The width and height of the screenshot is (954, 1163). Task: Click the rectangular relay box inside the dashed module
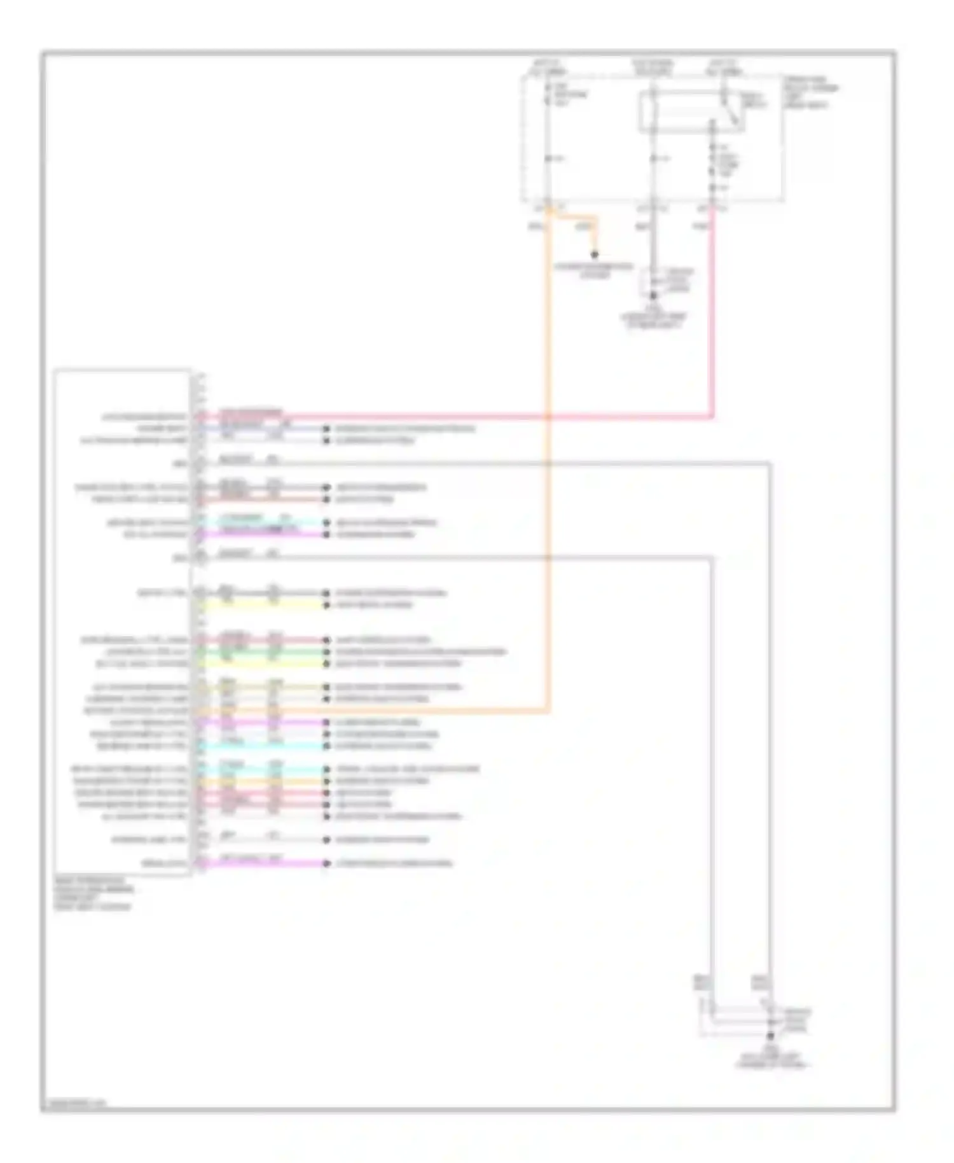[691, 112]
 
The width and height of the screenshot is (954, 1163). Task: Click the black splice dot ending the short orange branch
[595, 255]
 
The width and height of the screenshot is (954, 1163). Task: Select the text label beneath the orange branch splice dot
[593, 271]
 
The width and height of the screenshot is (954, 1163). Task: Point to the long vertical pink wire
[712, 318]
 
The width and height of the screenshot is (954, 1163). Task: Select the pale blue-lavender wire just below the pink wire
[254, 429]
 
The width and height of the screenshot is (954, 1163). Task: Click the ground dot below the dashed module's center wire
[653, 296]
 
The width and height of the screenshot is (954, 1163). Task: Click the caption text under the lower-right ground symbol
[770, 1059]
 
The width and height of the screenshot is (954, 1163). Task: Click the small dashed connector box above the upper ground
[665, 281]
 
